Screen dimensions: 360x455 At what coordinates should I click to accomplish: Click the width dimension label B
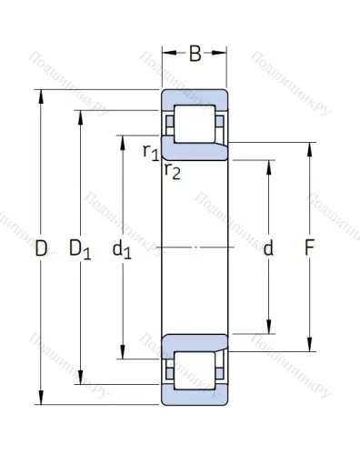(x=195, y=54)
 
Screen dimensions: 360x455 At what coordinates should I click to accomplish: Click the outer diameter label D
(x=41, y=248)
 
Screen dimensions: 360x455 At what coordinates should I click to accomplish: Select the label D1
(x=81, y=248)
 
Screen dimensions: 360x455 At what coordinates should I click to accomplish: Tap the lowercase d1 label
(x=123, y=248)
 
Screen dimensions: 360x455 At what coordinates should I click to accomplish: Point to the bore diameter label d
(x=267, y=248)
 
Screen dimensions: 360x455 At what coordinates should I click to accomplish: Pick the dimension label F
(x=310, y=248)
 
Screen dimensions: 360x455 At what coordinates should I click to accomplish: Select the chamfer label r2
(x=172, y=171)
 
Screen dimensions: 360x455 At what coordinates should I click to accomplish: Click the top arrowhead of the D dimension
(x=41, y=95)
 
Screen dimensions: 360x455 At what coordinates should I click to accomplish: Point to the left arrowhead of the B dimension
(x=166, y=54)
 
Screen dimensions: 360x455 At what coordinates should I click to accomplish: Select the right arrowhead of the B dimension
(x=223, y=54)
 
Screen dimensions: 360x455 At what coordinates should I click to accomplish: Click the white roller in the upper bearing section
(x=195, y=124)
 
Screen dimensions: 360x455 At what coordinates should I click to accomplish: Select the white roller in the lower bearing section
(x=195, y=370)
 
